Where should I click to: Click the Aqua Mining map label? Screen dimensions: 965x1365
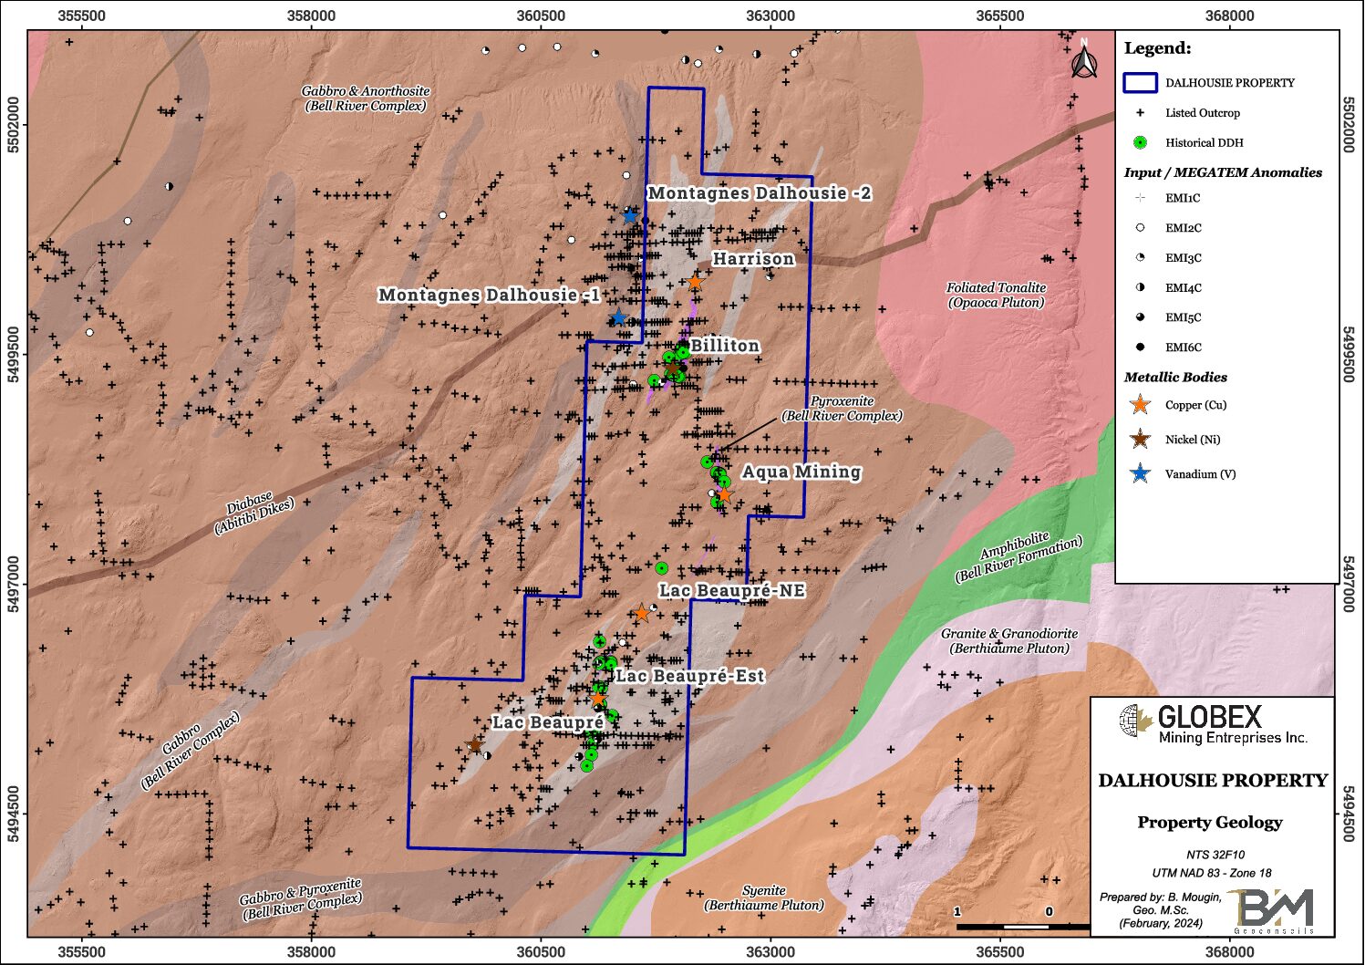tap(801, 472)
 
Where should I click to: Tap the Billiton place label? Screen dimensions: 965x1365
tap(725, 346)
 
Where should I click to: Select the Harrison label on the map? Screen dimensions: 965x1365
tap(753, 259)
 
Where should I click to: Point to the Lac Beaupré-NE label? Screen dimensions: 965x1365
tap(732, 591)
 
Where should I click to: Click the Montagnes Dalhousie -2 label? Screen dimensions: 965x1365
tap(759, 193)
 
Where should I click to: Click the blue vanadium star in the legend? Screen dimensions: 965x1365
tap(1140, 473)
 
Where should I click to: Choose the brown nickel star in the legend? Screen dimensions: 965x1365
tap(1140, 440)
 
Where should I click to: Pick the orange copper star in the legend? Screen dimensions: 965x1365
tap(1140, 405)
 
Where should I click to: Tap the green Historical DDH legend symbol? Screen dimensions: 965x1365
tap(1140, 142)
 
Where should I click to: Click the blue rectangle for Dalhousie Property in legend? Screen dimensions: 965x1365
tap(1140, 83)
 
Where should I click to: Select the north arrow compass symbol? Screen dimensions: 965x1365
tap(1083, 61)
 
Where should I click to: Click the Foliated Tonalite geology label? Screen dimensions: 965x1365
tap(996, 295)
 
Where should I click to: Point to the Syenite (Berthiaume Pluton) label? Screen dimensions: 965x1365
tap(764, 898)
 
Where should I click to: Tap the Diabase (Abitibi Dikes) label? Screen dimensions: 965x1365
tap(254, 514)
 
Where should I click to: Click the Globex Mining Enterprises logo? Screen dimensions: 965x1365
tap(1213, 724)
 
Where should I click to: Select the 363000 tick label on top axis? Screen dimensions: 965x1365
tap(770, 16)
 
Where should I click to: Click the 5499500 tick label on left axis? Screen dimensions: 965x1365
tap(14, 355)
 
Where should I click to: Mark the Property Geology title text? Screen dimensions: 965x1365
tap(1209, 822)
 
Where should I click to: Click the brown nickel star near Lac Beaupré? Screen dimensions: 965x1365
tap(475, 745)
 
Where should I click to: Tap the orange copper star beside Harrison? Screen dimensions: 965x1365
tap(695, 282)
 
